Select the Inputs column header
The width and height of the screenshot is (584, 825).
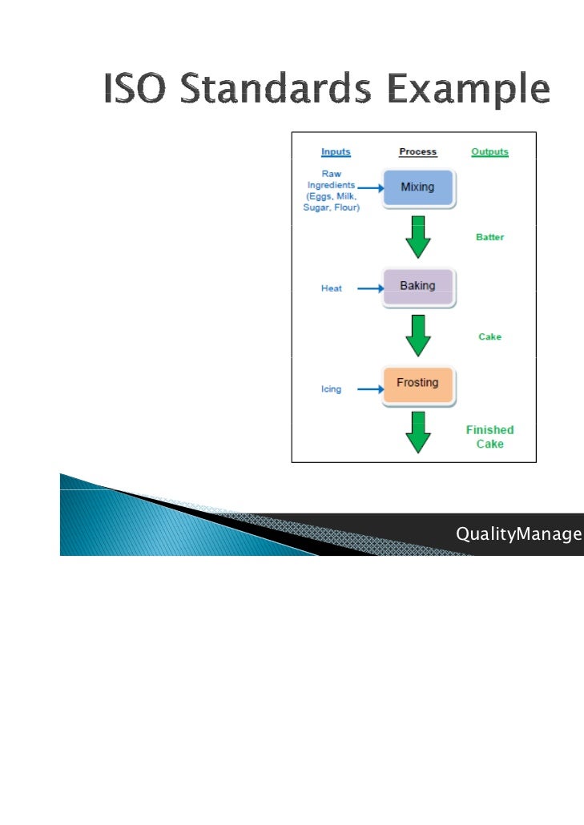(336, 151)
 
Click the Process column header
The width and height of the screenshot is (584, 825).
(417, 151)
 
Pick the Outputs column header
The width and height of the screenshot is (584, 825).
(489, 151)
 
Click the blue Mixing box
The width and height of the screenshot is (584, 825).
(418, 187)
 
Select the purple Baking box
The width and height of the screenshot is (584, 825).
(418, 287)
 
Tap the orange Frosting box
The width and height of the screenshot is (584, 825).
(418, 385)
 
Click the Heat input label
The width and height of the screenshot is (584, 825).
(332, 288)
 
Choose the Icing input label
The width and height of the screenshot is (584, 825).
(331, 389)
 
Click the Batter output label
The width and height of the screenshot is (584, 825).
(490, 238)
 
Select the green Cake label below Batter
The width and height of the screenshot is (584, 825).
(490, 337)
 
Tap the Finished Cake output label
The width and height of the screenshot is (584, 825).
(490, 437)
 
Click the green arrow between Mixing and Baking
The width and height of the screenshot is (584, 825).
(418, 237)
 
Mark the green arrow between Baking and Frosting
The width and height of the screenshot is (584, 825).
(418, 336)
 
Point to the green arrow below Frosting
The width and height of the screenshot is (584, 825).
(418, 433)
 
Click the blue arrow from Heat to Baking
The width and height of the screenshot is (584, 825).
(369, 288)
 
